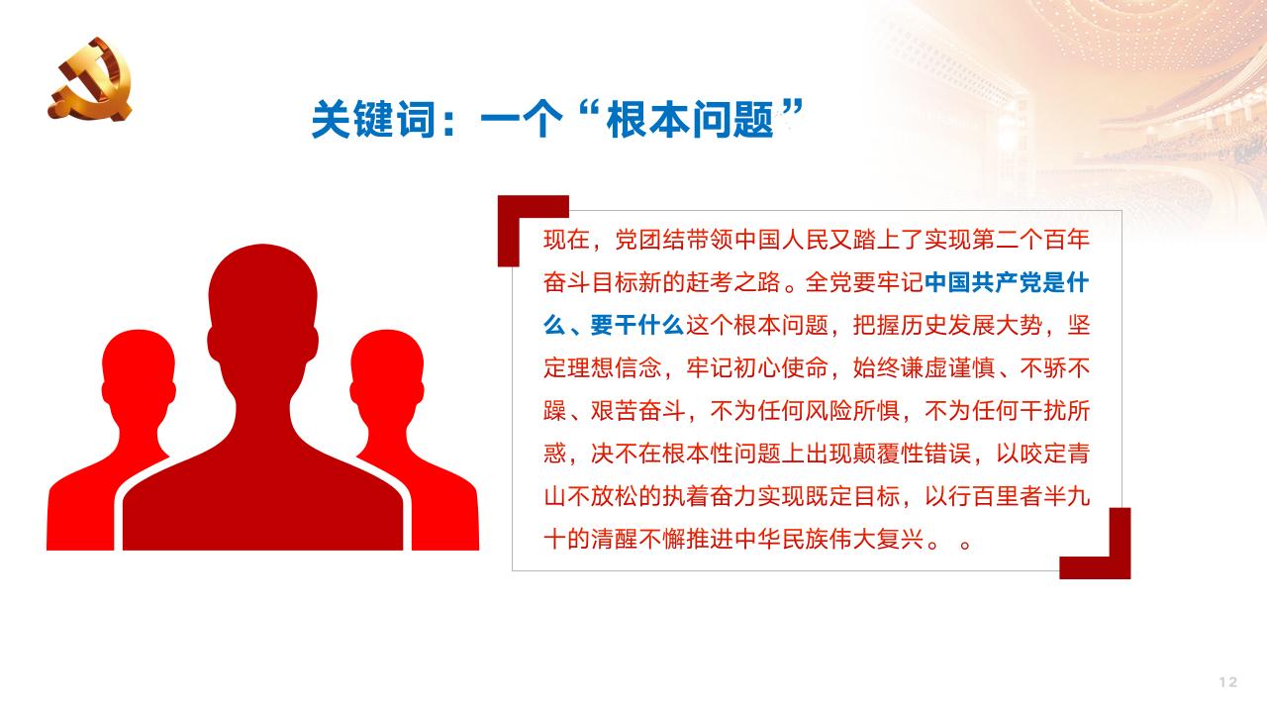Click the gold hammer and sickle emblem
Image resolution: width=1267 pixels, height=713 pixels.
89,79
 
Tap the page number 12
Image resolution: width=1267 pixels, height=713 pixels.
1228,681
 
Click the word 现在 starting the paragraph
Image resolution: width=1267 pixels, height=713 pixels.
566,241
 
